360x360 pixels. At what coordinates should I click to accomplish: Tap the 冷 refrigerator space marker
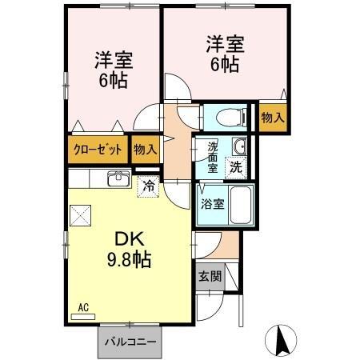click(149, 185)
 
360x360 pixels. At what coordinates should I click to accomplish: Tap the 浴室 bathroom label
click(212, 202)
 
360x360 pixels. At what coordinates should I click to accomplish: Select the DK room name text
click(131, 238)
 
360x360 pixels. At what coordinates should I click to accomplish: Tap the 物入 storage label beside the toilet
click(273, 117)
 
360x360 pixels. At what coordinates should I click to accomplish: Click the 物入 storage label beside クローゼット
click(146, 149)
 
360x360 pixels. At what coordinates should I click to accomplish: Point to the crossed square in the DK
click(82, 215)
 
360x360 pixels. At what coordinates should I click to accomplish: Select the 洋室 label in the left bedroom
click(114, 61)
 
